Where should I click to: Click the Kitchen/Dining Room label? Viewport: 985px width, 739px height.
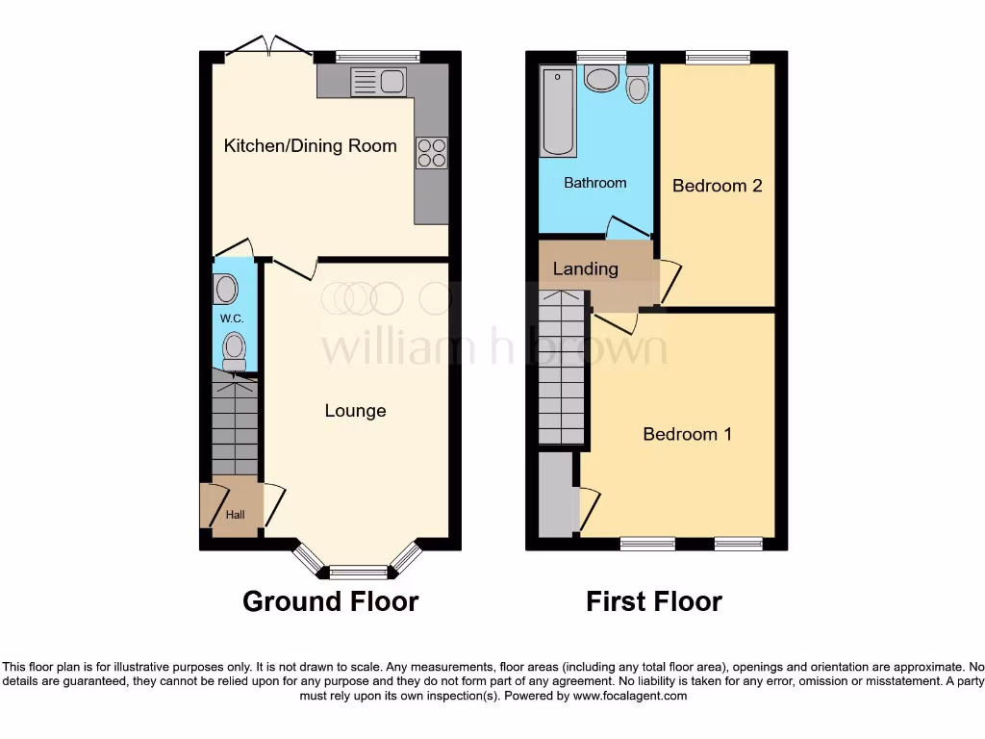(310, 146)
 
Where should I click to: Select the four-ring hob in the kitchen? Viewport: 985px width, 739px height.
(432, 153)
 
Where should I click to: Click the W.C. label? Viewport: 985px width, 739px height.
(229, 319)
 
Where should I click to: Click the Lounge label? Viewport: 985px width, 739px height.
(355, 411)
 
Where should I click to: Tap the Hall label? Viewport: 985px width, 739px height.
(236, 515)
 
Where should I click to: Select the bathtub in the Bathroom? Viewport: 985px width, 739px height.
(559, 112)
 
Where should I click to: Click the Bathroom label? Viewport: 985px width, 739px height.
(594, 183)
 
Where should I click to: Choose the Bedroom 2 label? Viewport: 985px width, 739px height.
(717, 186)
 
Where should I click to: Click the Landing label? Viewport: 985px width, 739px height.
(585, 269)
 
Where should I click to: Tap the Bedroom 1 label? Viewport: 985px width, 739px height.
(687, 435)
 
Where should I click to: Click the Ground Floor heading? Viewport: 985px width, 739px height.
(330, 602)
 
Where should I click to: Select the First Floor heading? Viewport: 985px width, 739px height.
(654, 602)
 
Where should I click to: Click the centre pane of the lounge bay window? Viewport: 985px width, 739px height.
(357, 573)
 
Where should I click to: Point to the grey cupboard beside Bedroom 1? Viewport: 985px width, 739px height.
(554, 495)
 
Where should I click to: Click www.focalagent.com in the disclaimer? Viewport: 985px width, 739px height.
(631, 696)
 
